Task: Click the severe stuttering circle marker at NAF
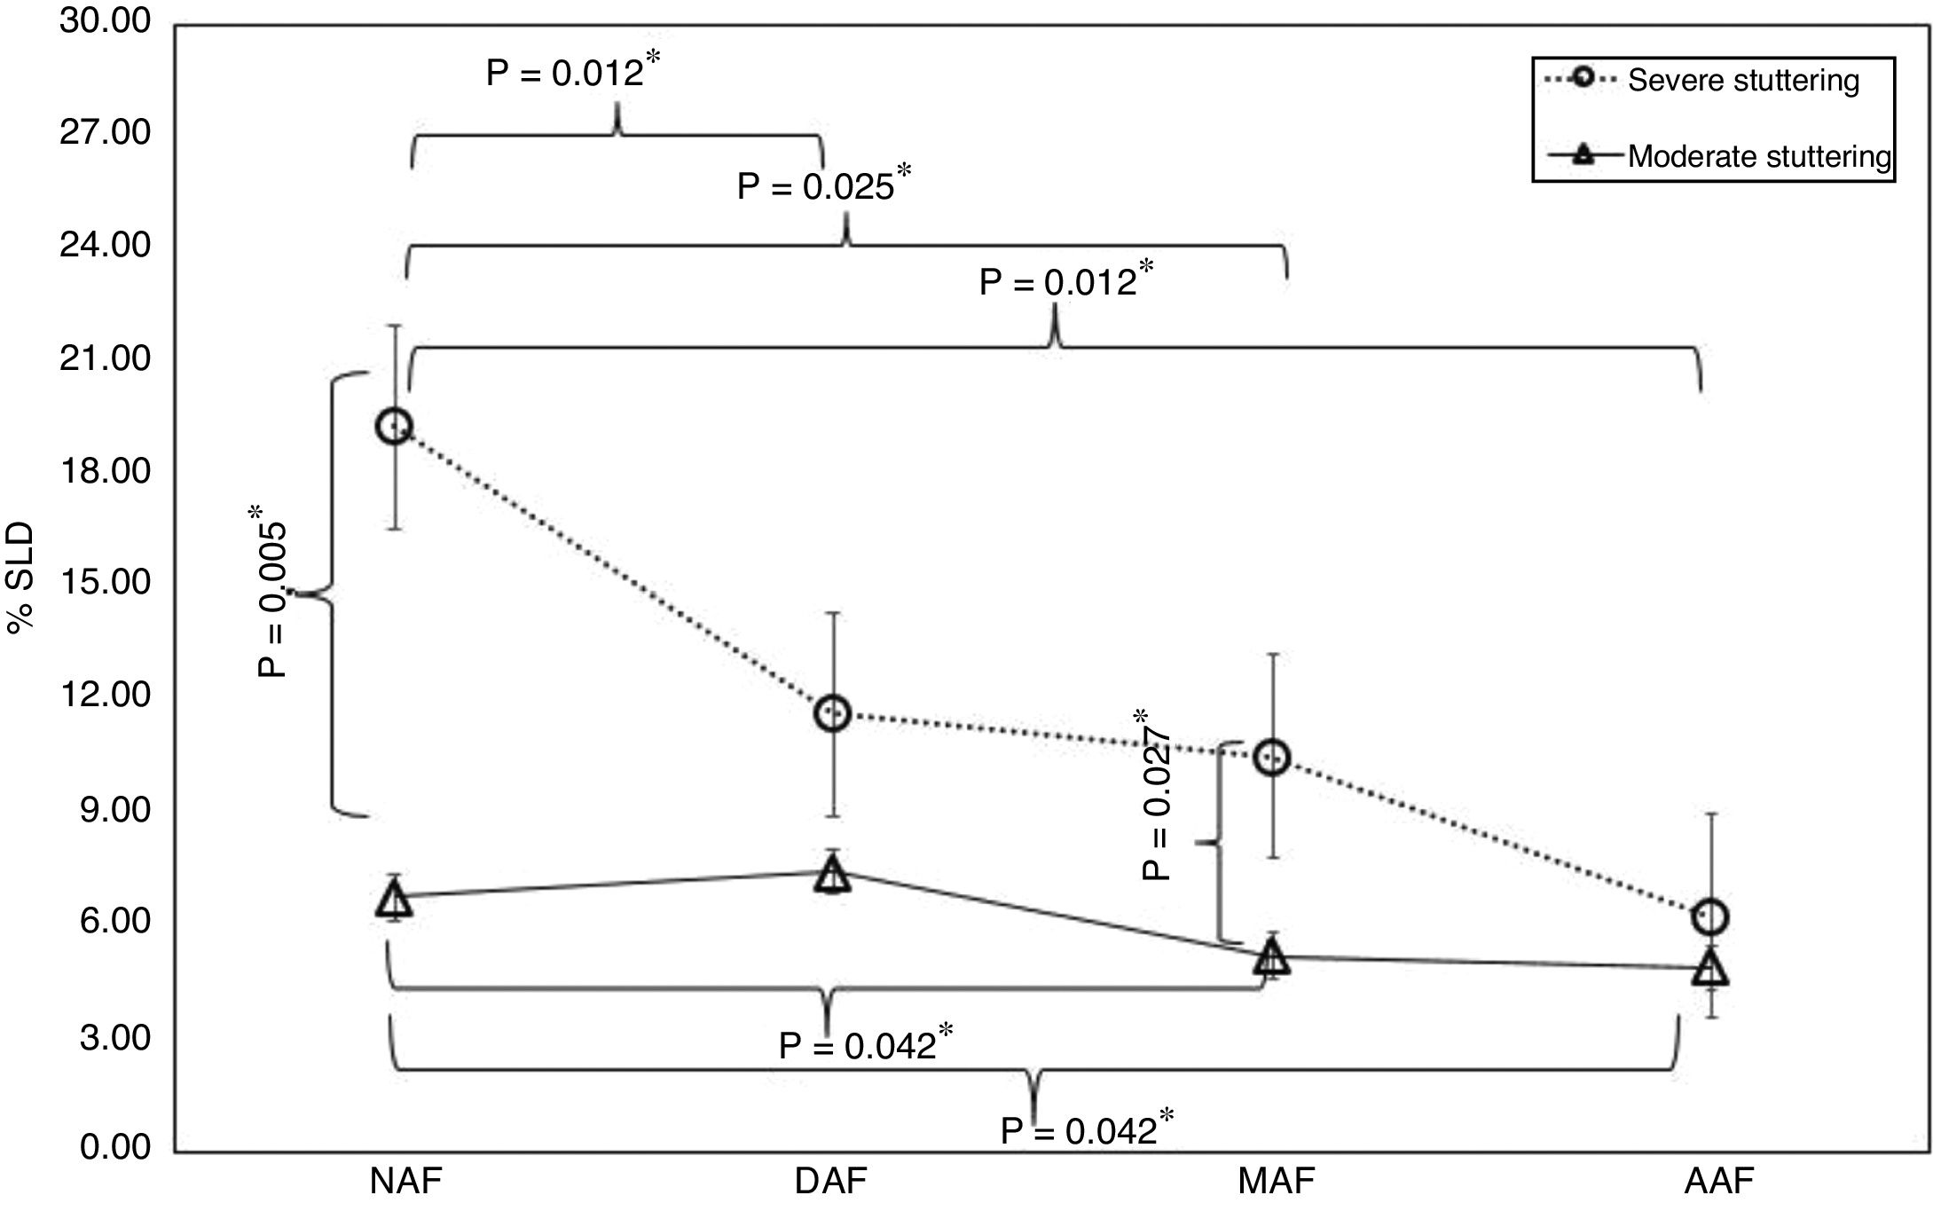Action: [x=394, y=427]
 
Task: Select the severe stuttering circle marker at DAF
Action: [x=833, y=713]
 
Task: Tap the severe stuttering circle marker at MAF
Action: [x=1272, y=758]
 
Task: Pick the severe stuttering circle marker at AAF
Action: [x=1710, y=917]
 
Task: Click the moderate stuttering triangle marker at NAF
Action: [x=394, y=900]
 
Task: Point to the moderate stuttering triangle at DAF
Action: [x=833, y=875]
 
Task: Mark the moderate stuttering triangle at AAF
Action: [x=1710, y=969]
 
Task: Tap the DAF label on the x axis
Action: [x=831, y=1182]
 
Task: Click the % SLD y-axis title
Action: [x=21, y=578]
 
